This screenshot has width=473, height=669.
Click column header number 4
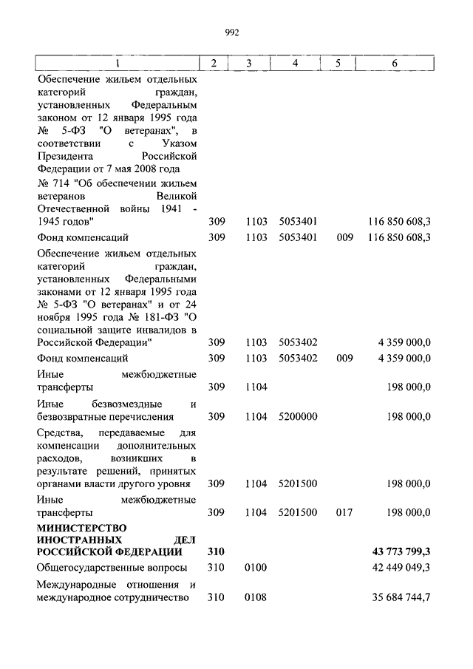point(295,64)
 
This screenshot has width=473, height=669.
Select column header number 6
point(395,64)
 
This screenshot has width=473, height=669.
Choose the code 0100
point(256,568)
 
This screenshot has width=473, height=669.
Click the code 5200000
point(299,417)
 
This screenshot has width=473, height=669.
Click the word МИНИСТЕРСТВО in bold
point(82,527)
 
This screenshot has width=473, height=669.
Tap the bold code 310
point(216,551)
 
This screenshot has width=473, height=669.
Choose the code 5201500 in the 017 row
point(299,512)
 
